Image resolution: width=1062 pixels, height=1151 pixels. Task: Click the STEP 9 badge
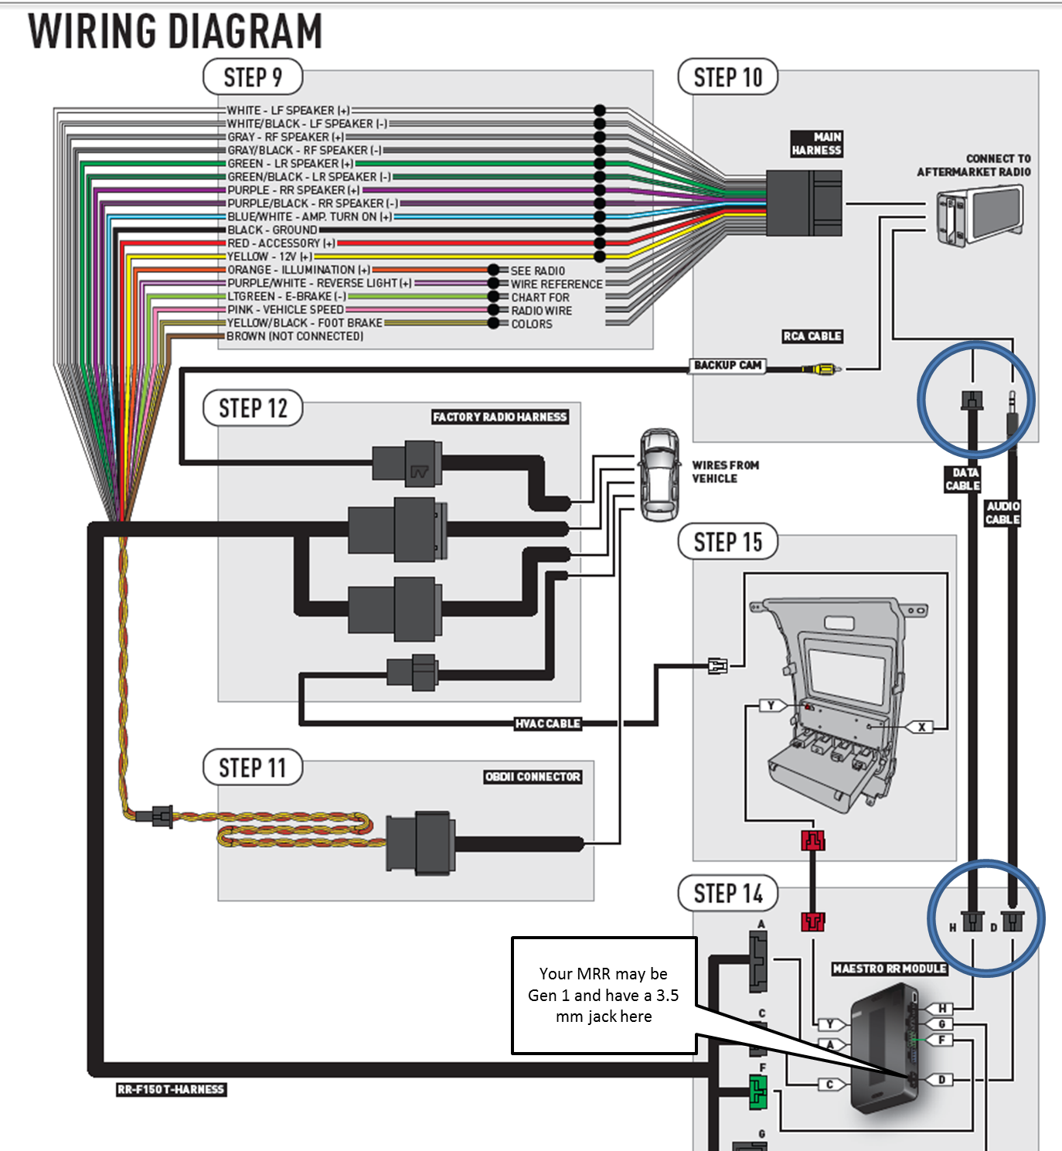(x=252, y=77)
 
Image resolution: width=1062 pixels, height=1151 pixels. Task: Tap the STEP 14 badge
(x=727, y=894)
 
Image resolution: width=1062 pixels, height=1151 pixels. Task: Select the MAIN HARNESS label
(x=816, y=144)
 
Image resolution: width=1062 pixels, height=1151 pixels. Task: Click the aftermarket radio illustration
(x=979, y=216)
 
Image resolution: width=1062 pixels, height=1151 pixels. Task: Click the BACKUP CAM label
(x=727, y=365)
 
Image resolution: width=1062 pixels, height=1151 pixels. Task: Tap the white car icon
(x=659, y=474)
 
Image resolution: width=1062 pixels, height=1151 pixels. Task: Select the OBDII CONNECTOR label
(x=533, y=776)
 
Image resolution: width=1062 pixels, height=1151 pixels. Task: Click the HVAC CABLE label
(x=547, y=724)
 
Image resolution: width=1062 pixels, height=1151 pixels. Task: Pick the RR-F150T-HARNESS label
(x=171, y=1089)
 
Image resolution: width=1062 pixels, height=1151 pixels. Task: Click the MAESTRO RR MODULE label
(x=889, y=969)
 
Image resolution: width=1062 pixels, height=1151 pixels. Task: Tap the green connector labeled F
(x=757, y=1091)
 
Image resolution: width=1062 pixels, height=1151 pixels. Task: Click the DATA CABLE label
(x=963, y=478)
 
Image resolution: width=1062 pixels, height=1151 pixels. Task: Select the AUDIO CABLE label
(x=1002, y=513)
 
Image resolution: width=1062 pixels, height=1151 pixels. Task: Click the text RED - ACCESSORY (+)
(x=281, y=243)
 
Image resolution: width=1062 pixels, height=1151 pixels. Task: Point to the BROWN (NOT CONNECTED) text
(x=294, y=336)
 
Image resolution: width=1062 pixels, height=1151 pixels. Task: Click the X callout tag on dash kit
(x=921, y=727)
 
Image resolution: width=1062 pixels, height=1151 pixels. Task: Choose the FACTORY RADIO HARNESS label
(x=499, y=417)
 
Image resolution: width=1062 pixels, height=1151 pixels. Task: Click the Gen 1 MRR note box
(x=604, y=995)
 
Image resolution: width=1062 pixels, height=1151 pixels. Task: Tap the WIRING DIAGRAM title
(x=175, y=31)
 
